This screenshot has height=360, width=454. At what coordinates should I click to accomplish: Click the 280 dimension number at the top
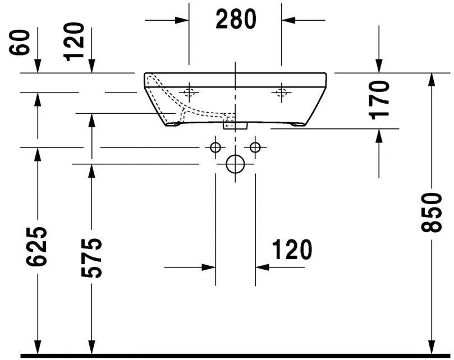point(236,20)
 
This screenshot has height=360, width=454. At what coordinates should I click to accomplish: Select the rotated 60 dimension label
point(21,42)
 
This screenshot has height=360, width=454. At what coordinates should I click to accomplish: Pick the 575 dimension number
point(90,258)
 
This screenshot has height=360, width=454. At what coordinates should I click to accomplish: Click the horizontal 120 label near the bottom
point(292,250)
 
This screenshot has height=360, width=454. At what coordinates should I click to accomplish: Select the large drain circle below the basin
point(235,164)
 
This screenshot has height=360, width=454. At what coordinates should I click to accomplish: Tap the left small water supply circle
point(214,147)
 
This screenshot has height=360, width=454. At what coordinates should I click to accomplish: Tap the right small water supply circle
point(255,147)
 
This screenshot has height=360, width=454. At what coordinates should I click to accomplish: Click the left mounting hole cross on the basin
point(190,93)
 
